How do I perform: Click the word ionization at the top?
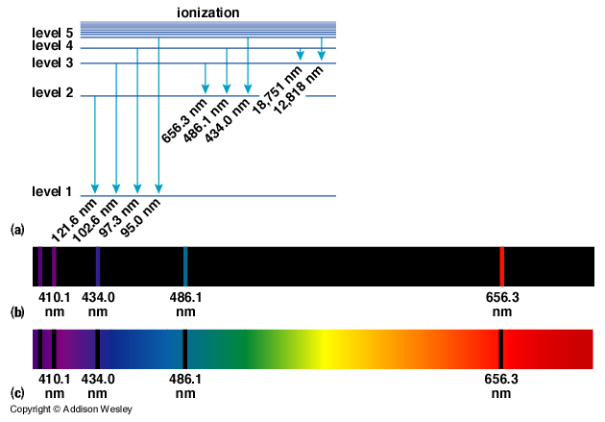[x=208, y=12]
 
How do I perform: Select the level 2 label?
[x=52, y=92]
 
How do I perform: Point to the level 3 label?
[x=52, y=62]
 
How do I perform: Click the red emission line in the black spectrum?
[x=501, y=265]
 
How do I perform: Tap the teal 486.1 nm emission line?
[x=184, y=265]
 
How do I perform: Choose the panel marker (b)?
[x=16, y=312]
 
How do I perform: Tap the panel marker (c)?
[x=16, y=393]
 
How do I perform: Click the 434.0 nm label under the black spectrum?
[x=98, y=305]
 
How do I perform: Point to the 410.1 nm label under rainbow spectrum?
[x=55, y=386]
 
